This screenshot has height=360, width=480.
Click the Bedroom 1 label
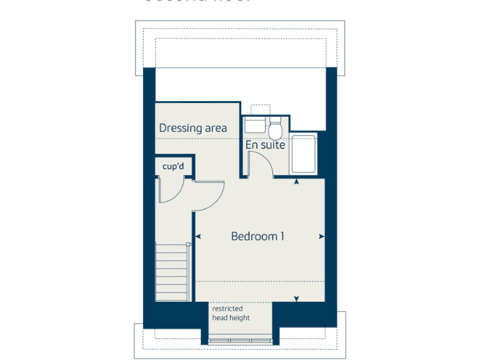(257, 236)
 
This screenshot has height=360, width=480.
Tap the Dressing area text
(192, 128)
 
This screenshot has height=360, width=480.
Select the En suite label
(265, 145)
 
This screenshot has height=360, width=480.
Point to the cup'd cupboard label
(173, 167)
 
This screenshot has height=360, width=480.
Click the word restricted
(227, 309)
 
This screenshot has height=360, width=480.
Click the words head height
(231, 318)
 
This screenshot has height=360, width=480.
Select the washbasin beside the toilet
(256, 124)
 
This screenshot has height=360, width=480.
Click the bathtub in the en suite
(304, 154)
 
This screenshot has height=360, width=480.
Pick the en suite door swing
(260, 164)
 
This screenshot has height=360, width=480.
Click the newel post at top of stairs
(187, 245)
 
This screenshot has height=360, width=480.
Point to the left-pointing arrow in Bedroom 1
(198, 237)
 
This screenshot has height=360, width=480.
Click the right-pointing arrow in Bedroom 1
(321, 237)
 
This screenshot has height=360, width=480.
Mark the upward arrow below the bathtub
(296, 181)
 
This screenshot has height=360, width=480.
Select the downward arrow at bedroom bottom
(296, 299)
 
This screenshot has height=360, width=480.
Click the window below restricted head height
(240, 341)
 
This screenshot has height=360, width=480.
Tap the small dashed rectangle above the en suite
(259, 108)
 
